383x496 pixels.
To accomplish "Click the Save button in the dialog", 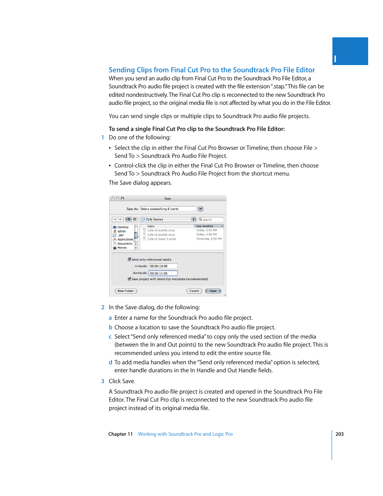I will point(213,291).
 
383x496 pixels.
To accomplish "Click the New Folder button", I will point(126,291).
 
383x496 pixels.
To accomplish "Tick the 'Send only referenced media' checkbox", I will point(129,259).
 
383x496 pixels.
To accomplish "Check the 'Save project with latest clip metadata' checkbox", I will point(129,279).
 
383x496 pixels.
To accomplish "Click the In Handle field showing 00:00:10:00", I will point(163,266).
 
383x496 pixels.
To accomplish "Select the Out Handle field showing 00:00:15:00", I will point(163,273).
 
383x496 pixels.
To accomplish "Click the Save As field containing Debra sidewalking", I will point(168,209).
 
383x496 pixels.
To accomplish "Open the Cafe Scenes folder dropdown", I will point(168,219).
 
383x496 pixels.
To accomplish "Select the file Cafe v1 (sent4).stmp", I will point(161,231).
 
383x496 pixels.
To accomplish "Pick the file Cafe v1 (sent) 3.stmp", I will point(161,239).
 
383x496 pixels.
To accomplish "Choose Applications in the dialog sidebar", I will point(125,239).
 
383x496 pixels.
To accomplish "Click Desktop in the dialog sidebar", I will point(122,227).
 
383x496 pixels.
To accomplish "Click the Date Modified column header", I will point(206,226).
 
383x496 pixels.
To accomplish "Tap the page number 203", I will point(340,434).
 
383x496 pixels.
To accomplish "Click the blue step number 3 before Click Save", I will point(103,381).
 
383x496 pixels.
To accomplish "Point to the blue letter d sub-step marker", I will point(110,362).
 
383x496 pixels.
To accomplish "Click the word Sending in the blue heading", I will point(122,70).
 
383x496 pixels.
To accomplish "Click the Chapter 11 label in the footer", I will point(120,434).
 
